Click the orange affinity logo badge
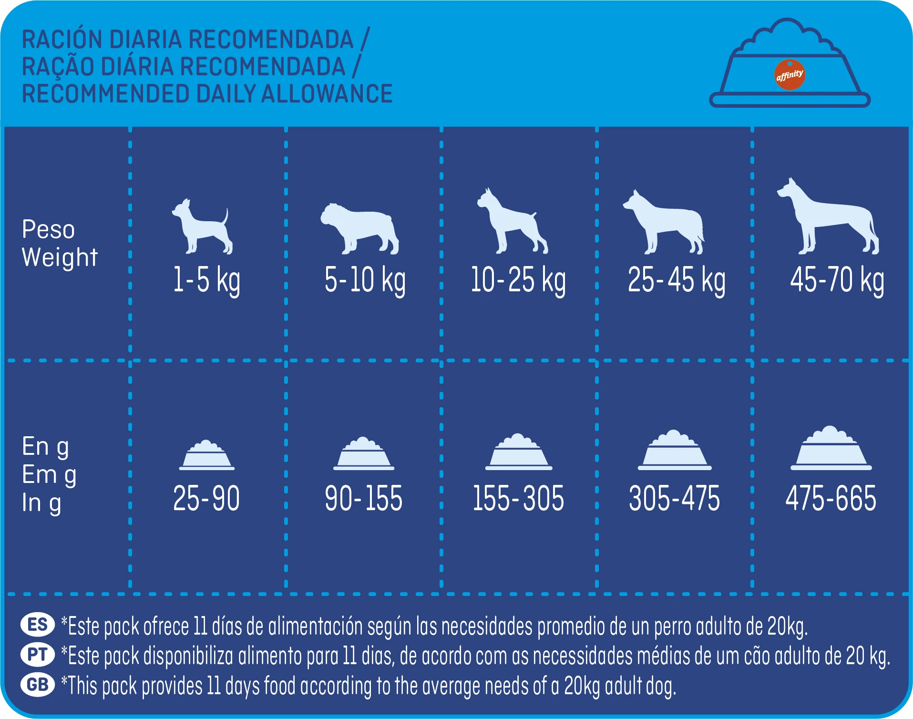coord(790,74)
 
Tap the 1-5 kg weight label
coord(206,280)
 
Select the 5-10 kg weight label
coord(365,280)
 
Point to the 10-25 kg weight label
coord(518,280)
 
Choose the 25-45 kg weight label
coord(677,280)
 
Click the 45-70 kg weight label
coord(837,280)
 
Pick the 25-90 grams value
coord(206,498)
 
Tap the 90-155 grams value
coord(364,498)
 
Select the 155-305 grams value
coord(518,498)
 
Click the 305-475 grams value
coord(675,498)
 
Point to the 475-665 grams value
coord(831,498)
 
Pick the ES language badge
coord(38,625)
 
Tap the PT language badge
coord(38,655)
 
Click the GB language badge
coord(38,685)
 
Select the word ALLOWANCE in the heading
coord(327,94)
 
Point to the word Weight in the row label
coord(60,257)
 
